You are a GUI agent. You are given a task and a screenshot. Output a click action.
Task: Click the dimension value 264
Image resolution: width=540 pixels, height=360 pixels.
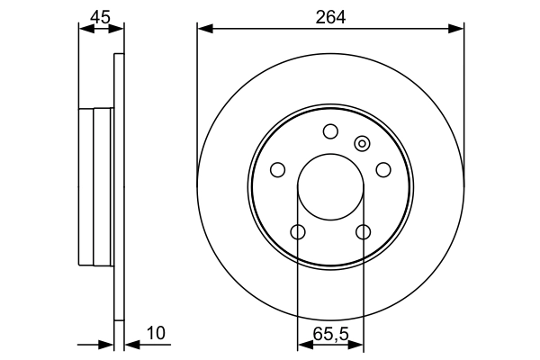pos(330,15)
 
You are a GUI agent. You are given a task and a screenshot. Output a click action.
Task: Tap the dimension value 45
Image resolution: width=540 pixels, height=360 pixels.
pos(101,15)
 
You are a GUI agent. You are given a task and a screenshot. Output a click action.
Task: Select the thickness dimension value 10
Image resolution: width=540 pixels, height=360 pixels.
pos(156,333)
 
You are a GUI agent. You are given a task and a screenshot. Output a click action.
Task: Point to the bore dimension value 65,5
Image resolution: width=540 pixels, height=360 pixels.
pos(330,333)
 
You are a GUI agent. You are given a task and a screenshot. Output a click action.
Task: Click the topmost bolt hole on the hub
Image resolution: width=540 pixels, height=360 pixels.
pos(330,131)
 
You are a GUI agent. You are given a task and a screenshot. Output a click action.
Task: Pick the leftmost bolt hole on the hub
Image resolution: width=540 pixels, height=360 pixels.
pos(277,170)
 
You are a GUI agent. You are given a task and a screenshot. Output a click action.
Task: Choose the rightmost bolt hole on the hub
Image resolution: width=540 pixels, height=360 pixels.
pos(383,170)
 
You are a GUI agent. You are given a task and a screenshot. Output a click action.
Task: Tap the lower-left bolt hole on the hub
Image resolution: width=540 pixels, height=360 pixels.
pos(298,232)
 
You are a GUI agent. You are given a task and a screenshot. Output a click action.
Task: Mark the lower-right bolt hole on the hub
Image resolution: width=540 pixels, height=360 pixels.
pos(363,232)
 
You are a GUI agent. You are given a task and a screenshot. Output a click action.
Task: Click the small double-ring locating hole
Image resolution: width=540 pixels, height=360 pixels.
pos(363,142)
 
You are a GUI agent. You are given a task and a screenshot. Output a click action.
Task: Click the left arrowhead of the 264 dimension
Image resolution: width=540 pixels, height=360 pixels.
pos(203,30)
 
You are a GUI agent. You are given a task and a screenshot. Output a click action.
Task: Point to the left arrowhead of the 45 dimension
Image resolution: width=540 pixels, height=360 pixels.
pos(85,30)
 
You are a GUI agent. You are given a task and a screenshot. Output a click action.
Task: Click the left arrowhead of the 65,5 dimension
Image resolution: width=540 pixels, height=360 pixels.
pos(303,344)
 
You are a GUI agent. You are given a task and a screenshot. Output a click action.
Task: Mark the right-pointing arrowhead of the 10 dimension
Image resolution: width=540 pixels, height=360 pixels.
pos(108,344)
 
